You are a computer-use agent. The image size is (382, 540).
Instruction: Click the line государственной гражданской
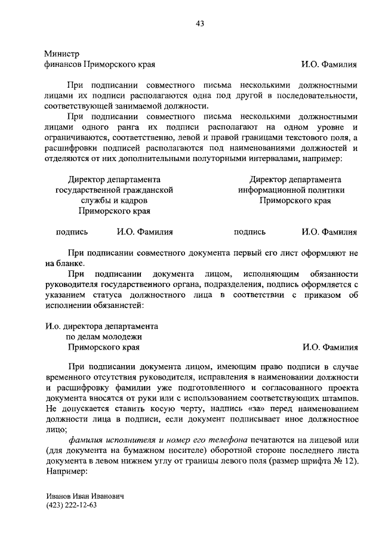tap(114, 190)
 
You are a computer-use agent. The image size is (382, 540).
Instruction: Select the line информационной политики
tap(295, 190)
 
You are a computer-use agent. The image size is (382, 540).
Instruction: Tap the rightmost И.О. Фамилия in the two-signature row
tap(329, 233)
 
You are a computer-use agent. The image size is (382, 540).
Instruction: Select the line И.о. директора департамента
tap(102, 327)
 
